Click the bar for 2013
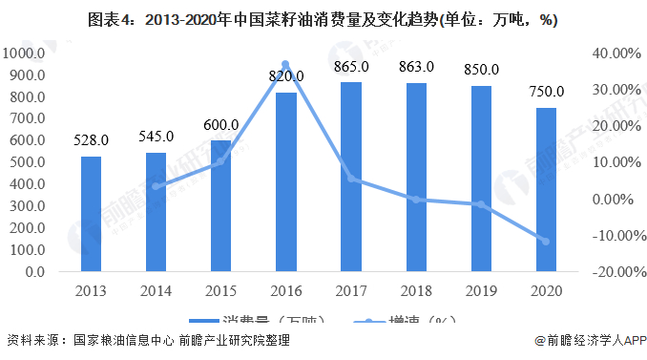(91, 214)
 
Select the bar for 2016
(285, 181)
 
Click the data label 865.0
(350, 67)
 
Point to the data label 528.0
(91, 140)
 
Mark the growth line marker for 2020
(546, 241)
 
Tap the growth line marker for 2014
(156, 186)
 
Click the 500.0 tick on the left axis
(29, 162)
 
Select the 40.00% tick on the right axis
(611, 53)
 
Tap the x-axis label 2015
(220, 291)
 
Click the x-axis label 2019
(481, 291)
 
